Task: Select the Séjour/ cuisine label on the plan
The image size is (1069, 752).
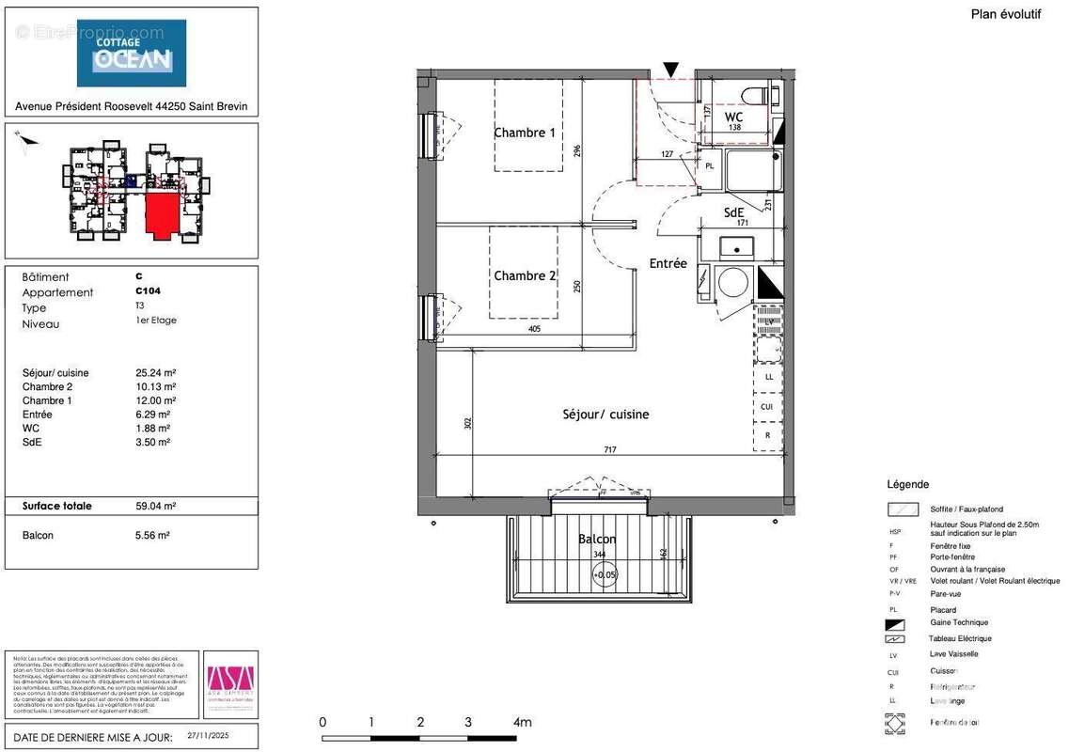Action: tap(605, 414)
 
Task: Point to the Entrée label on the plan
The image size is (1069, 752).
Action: tap(668, 263)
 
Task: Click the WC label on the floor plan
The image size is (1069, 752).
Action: tap(733, 117)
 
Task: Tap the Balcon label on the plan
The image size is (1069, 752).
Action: tap(597, 539)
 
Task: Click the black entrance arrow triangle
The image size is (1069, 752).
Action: tap(670, 70)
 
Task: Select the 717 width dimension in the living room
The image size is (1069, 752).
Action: tap(609, 450)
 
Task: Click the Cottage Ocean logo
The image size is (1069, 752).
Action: tap(132, 53)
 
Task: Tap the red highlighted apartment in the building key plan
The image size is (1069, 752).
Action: tap(162, 214)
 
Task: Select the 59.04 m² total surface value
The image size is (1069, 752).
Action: tap(156, 506)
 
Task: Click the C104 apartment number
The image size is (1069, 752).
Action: tap(149, 291)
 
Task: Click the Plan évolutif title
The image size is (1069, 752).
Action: tap(1005, 14)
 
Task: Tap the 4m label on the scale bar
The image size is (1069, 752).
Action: tap(522, 722)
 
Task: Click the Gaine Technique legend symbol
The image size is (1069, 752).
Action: tap(894, 624)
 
